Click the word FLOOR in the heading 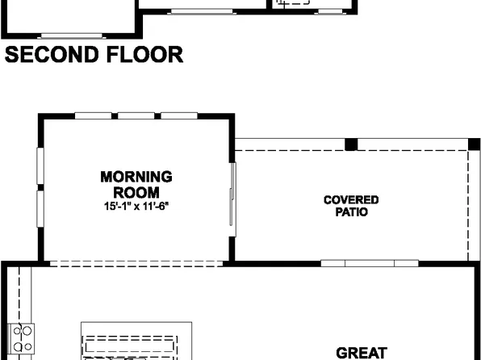click(145, 55)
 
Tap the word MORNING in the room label click(136, 176)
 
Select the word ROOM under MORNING click(136, 192)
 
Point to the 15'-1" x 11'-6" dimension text click(136, 207)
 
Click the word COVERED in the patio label click(351, 200)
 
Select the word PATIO click(351, 212)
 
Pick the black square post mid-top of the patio click(351, 144)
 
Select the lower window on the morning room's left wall click(40, 211)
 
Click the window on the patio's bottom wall click(370, 263)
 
